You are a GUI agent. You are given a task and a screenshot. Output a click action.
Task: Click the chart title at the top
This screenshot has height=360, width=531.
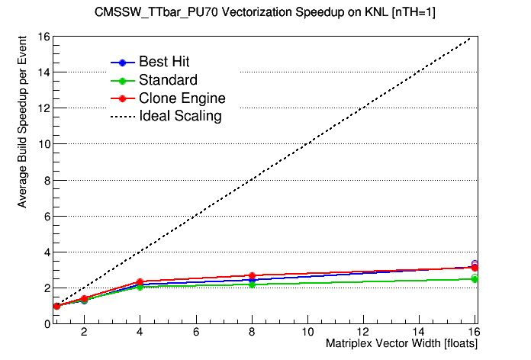coord(265,13)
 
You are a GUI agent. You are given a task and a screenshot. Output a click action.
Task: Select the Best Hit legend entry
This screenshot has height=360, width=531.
coord(164,62)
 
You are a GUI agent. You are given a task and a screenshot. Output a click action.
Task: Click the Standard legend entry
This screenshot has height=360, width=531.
coord(168,80)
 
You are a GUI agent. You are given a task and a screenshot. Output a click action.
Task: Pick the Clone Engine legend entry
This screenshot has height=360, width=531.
coord(182,98)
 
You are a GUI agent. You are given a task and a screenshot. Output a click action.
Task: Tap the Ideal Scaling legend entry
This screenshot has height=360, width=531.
coord(180,117)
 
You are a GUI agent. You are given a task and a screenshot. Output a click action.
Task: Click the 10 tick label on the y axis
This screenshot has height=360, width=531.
coord(43,144)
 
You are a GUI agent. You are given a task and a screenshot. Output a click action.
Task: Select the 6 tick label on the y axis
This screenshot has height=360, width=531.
coord(46,216)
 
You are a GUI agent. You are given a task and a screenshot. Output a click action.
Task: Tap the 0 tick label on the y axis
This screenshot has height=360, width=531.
coord(46,323)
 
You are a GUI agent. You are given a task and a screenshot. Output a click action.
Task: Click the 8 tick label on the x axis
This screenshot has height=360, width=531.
coord(252,333)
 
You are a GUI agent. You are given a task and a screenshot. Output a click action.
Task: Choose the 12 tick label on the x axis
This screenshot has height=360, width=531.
coord(363,333)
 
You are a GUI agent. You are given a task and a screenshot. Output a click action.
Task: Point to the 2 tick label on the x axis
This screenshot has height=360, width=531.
coord(84,333)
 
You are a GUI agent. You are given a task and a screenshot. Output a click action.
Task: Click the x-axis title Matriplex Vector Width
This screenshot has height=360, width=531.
coord(401,345)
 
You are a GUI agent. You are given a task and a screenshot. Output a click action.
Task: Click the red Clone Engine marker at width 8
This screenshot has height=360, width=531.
coord(252,276)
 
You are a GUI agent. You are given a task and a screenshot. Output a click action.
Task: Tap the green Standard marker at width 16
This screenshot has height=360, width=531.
coord(475,279)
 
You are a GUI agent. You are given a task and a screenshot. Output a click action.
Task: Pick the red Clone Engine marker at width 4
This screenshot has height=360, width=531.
coord(140,282)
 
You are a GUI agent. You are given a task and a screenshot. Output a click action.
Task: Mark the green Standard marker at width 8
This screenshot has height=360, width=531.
coord(252,284)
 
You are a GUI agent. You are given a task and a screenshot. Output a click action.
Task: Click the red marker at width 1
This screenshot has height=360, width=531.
coord(56,306)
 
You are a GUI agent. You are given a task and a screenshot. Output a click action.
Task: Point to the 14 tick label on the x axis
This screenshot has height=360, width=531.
coord(419,333)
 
